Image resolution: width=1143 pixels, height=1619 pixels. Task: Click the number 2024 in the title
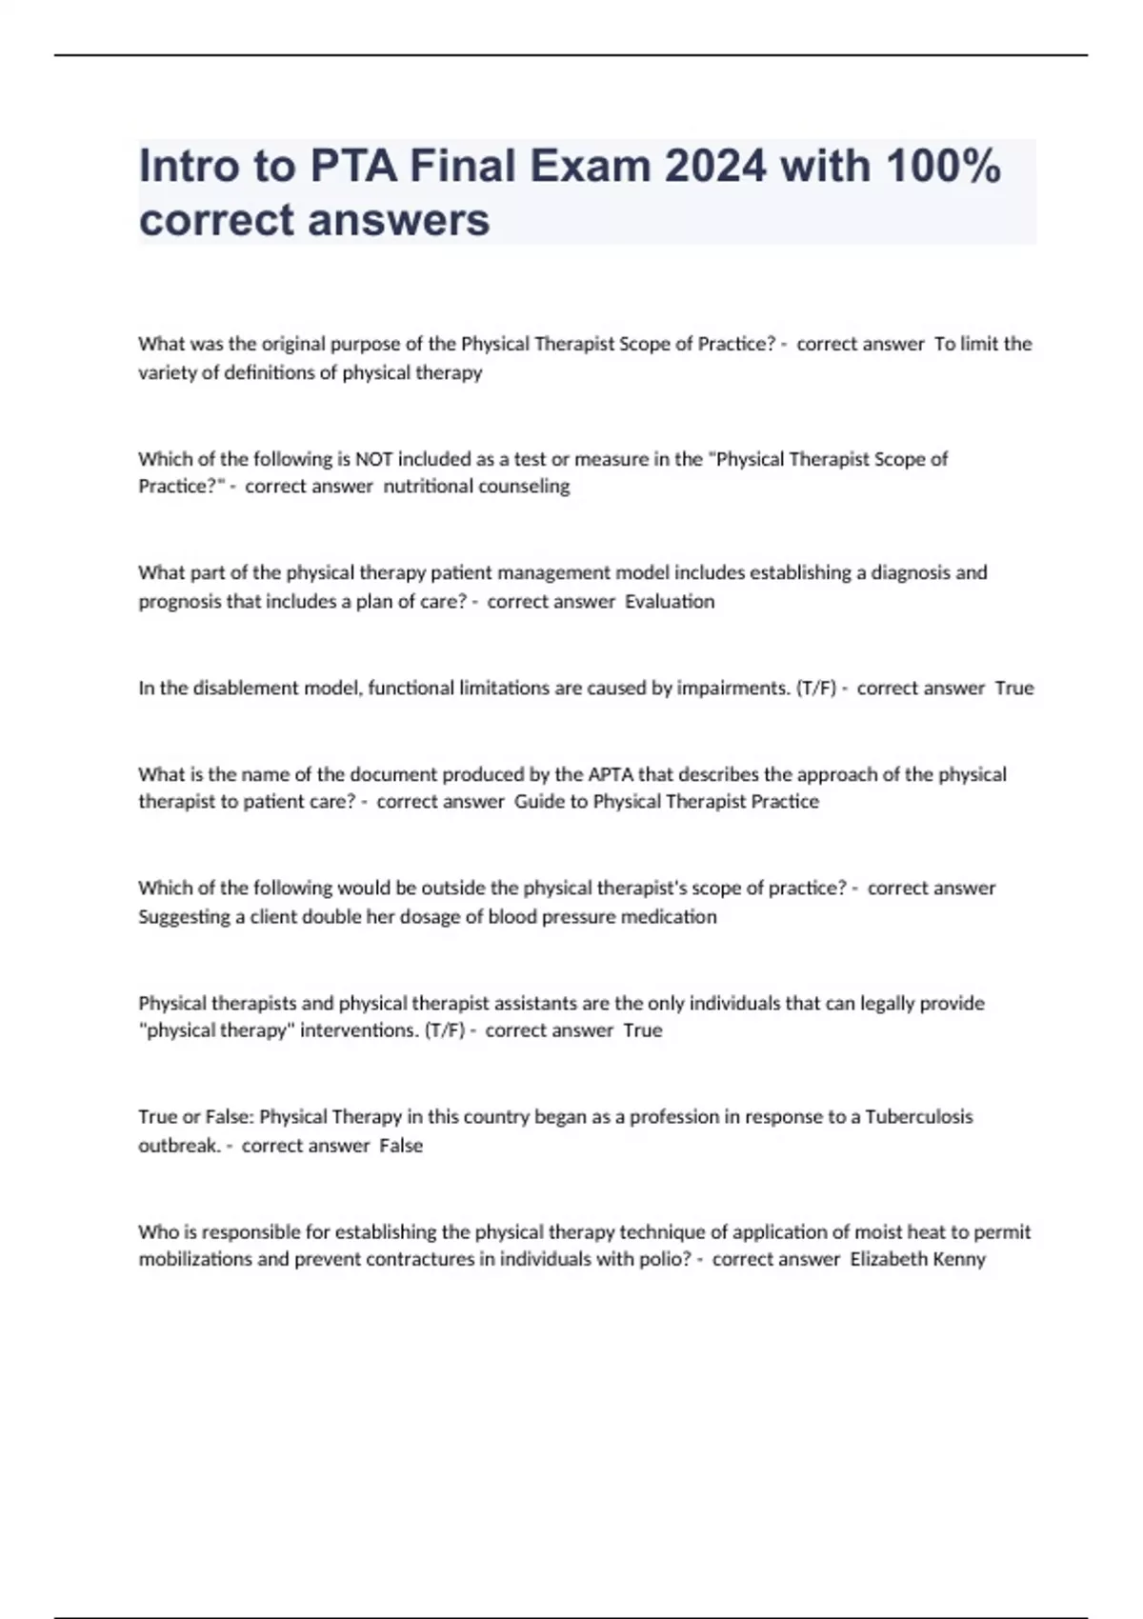click(715, 166)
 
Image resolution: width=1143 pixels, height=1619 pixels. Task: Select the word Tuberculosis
click(918, 1116)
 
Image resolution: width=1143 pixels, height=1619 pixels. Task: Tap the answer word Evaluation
click(670, 602)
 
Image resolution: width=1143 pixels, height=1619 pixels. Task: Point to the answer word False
click(401, 1146)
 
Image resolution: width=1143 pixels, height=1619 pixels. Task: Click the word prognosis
click(180, 602)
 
